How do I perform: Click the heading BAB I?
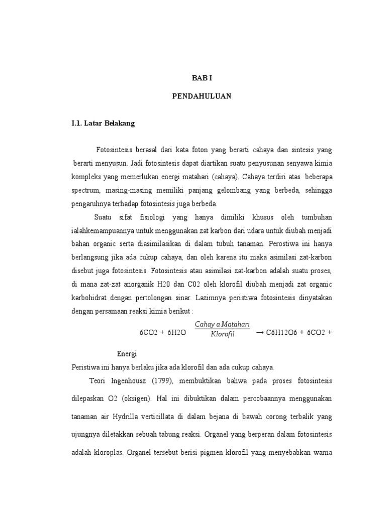click(203, 78)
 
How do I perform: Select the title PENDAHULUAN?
click(203, 97)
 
